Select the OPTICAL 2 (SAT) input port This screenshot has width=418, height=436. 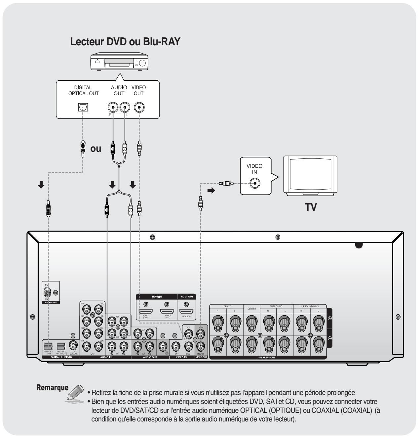(61, 346)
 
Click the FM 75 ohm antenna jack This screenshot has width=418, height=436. (48, 293)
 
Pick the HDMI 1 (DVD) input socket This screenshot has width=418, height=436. (146, 312)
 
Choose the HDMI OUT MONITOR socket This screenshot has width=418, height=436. (186, 312)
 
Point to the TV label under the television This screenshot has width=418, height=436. (310, 207)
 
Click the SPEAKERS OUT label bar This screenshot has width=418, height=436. (268, 358)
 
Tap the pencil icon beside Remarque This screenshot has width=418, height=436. (76, 392)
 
